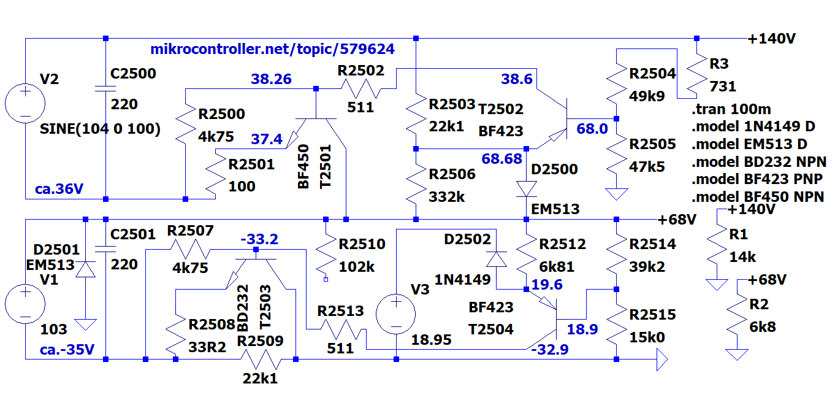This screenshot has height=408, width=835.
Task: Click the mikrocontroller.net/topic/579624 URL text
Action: coord(272,49)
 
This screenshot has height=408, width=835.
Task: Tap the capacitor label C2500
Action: coord(133,74)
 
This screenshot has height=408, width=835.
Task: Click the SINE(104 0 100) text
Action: coord(100,129)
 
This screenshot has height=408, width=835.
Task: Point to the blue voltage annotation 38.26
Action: coord(271,79)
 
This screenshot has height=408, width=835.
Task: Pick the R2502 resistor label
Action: coord(361,71)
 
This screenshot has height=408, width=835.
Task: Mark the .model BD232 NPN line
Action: coord(758,163)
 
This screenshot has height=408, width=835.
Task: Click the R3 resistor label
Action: coord(719,63)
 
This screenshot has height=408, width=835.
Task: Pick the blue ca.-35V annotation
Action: coord(67,350)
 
